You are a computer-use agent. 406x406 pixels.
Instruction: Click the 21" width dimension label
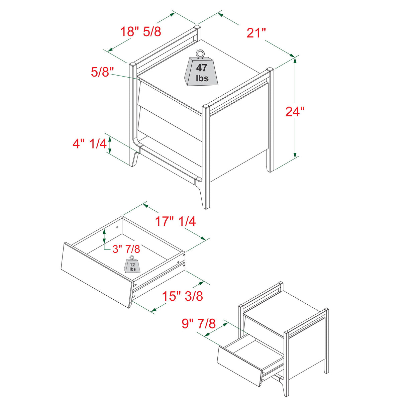click(256, 33)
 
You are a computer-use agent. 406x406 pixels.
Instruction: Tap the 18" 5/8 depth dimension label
click(140, 31)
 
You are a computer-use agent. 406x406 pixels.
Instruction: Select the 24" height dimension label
click(295, 111)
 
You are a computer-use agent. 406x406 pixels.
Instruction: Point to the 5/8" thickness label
click(102, 72)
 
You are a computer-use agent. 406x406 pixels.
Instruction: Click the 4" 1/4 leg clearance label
click(90, 144)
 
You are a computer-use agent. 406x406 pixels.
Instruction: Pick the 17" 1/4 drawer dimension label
click(175, 221)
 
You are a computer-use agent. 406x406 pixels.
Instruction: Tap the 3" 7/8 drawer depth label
click(126, 249)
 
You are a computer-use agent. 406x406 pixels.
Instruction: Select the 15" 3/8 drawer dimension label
click(183, 296)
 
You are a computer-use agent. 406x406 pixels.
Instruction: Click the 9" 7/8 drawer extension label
click(199, 323)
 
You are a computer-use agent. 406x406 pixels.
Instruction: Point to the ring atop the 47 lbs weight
click(200, 53)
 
